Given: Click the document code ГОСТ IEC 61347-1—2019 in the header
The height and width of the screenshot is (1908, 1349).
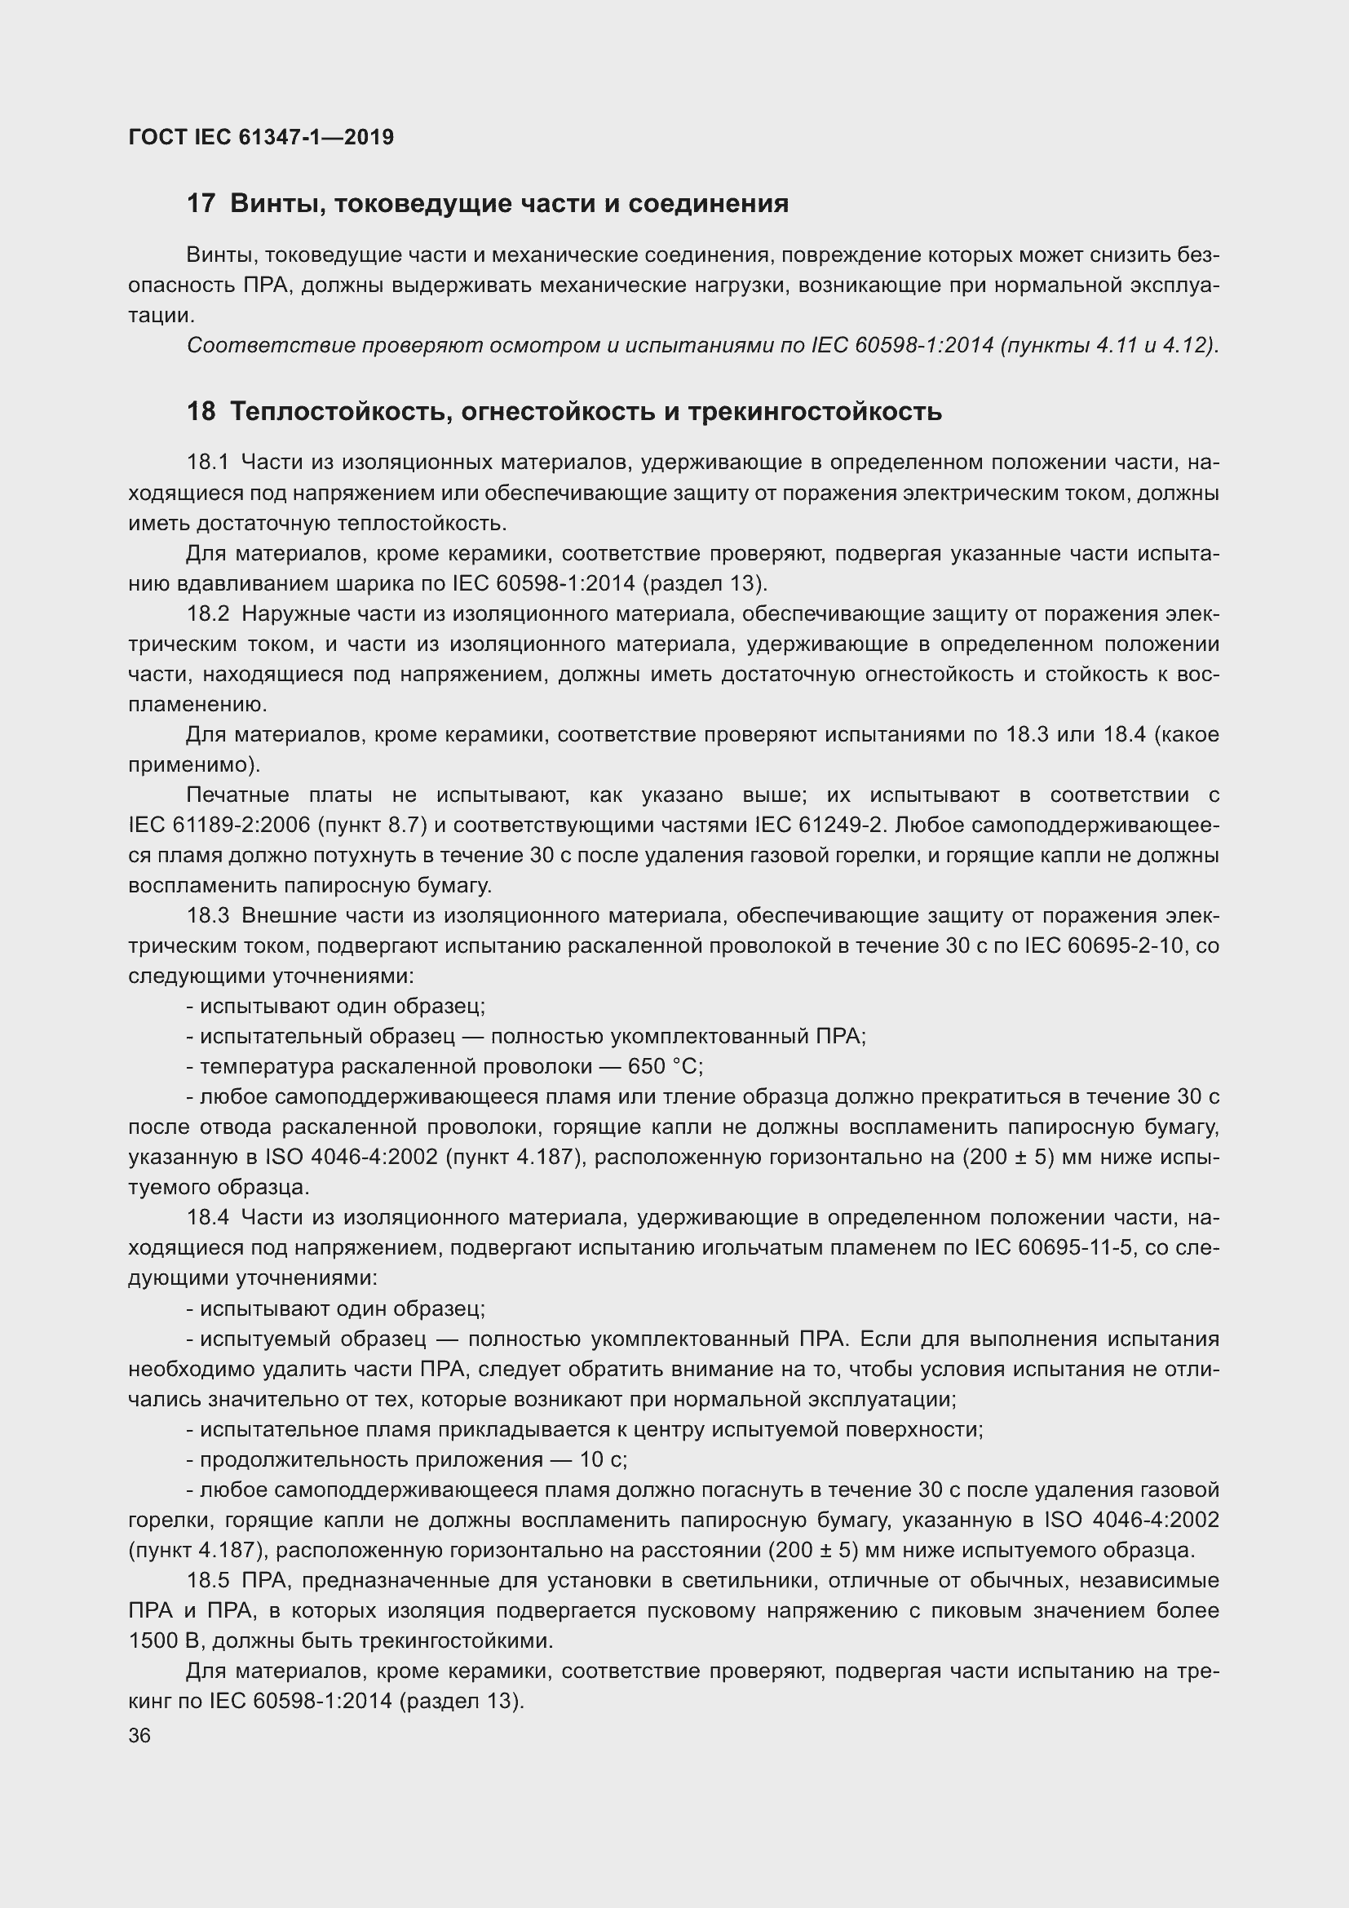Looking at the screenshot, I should (261, 137).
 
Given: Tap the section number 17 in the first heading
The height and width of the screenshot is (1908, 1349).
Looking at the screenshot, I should (201, 204).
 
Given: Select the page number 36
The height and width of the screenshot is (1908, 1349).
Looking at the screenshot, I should (139, 1735).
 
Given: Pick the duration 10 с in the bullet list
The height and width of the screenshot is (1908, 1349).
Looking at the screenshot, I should (603, 1459).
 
